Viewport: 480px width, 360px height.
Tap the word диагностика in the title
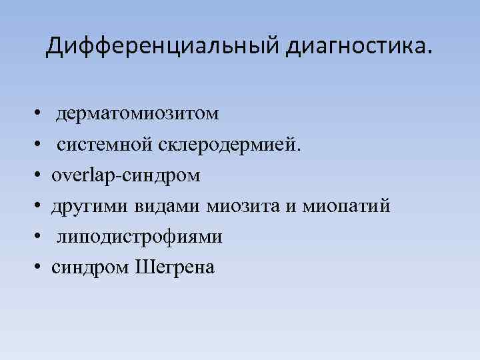[x=357, y=47]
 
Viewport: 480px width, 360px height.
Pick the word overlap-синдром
[x=126, y=176]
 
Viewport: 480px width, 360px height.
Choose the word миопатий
[x=345, y=207]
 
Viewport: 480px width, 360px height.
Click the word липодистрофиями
[x=139, y=238]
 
